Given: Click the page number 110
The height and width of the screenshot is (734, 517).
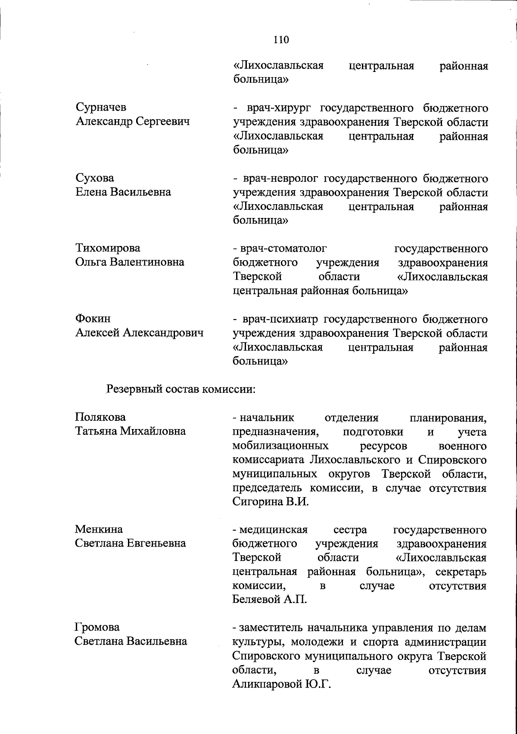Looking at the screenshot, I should tap(281, 40).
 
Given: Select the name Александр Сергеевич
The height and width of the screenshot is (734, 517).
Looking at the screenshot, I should tap(133, 122).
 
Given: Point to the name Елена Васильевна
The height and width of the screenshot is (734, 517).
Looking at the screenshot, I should tap(123, 192).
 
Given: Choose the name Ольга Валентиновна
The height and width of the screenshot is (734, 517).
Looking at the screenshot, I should tap(130, 262).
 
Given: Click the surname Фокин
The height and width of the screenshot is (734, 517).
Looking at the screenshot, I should tap(93, 319).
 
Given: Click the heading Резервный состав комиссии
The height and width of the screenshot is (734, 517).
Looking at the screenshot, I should tap(181, 389).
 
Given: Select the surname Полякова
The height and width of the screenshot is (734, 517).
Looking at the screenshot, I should tap(100, 417).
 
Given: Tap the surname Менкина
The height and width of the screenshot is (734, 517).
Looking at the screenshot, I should tap(99, 529).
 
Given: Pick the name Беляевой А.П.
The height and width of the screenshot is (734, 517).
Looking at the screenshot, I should tap(269, 600).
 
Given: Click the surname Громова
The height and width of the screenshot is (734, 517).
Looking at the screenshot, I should tap(97, 627).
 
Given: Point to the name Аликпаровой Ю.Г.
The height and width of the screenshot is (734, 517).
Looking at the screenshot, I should tap(278, 684).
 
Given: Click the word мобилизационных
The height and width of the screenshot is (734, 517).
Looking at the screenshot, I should tap(280, 445).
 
